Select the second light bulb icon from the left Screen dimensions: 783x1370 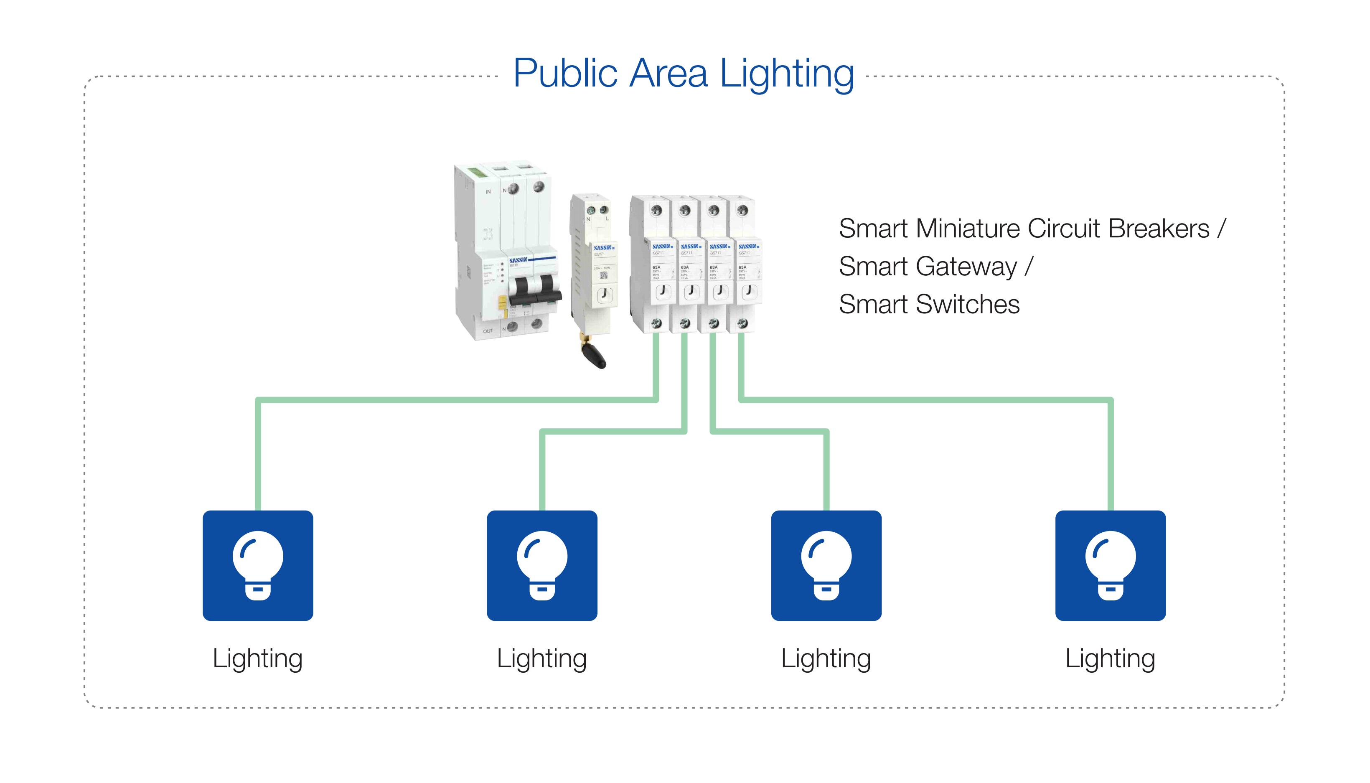coord(542,566)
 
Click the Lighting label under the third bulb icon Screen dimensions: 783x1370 coord(826,658)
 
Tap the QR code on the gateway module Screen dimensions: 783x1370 coord(603,275)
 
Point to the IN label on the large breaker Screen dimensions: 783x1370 coord(488,191)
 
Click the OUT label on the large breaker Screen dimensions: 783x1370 coord(488,331)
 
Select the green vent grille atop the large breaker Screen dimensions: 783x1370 coord(478,173)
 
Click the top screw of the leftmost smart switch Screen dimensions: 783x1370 coord(656,210)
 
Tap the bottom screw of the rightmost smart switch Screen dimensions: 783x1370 coord(742,323)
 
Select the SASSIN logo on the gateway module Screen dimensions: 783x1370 coord(603,248)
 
